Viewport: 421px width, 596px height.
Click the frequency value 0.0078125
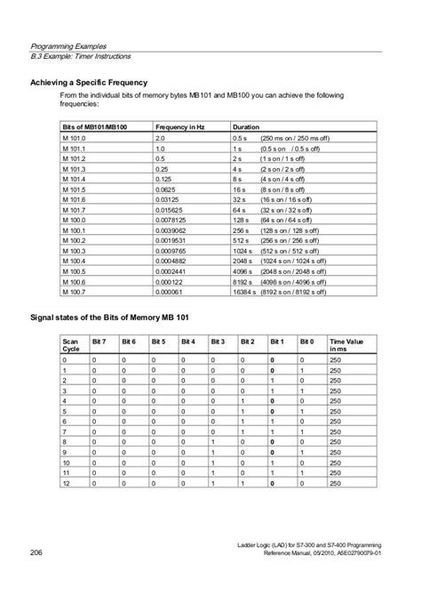pyautogui.click(x=174, y=219)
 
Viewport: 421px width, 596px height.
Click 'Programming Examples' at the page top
pyautogui.click(x=68, y=44)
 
